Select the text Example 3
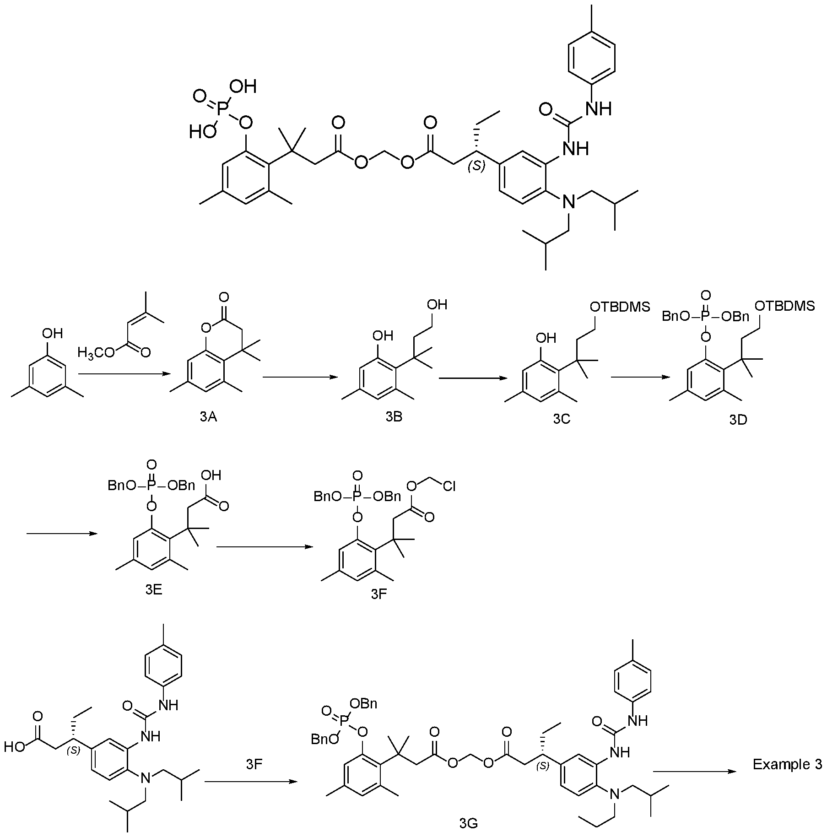(788, 764)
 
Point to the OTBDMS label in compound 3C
(620, 307)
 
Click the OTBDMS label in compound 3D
(784, 306)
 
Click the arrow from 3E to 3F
(265, 546)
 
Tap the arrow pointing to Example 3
(696, 771)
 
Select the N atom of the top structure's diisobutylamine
(569, 201)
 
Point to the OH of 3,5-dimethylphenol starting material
(53, 333)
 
